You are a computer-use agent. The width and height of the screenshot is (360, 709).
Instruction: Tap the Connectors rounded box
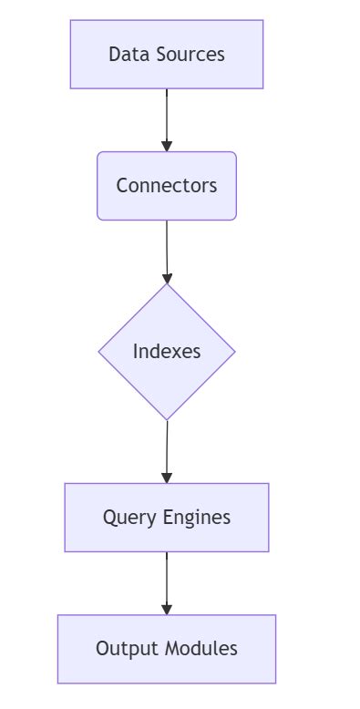(x=167, y=186)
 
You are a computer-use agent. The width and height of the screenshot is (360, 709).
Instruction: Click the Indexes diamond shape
(x=167, y=352)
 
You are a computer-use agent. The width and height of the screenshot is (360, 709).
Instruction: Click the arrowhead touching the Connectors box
(x=167, y=146)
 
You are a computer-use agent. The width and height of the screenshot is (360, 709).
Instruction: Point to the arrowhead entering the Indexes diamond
(x=167, y=278)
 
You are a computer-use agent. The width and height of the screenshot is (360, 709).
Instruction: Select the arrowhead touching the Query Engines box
(x=167, y=478)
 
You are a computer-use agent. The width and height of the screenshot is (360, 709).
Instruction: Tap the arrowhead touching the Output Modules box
(x=167, y=609)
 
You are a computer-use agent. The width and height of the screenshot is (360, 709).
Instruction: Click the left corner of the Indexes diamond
(x=100, y=352)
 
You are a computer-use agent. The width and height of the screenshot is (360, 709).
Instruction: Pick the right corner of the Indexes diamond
(x=234, y=352)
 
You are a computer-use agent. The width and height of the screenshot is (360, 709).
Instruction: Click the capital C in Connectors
(x=122, y=186)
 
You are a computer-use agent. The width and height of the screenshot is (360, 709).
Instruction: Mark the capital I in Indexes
(x=136, y=352)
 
